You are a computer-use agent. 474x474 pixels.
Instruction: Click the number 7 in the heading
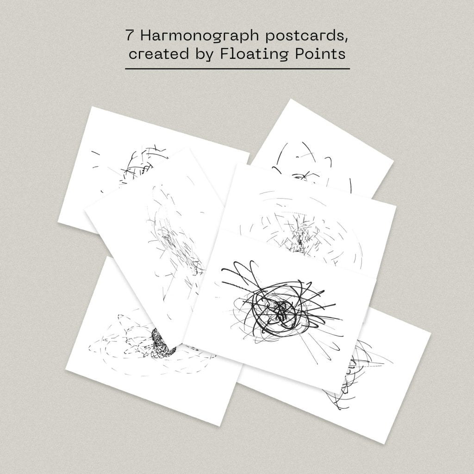130,36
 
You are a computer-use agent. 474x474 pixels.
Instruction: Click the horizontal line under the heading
237,69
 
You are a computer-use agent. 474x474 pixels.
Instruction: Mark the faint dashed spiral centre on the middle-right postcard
300,240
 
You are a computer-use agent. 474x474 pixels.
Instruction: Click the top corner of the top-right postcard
291,99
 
